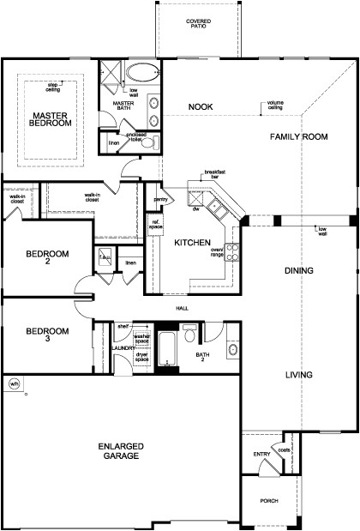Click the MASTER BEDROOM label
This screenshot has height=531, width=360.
pos(51,119)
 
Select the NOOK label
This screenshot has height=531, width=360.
pos(201,107)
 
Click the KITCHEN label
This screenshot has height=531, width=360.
pos(192,244)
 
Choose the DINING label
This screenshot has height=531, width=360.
pos(299,271)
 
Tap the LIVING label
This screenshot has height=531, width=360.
pos(298,376)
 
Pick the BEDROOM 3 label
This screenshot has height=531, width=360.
pos(40,335)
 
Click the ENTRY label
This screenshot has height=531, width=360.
pos(261,455)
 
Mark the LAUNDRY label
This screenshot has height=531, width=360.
pos(121,347)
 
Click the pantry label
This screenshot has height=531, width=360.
pos(159,199)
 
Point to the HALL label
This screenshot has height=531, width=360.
pos(181,309)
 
